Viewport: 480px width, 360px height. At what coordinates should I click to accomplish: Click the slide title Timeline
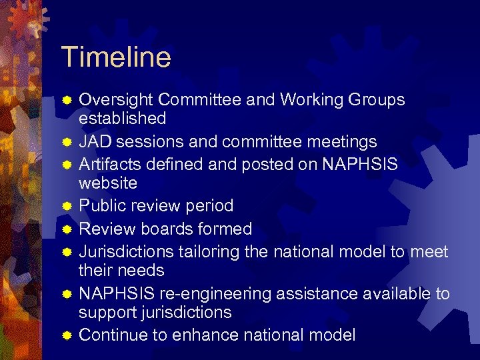coord(115,57)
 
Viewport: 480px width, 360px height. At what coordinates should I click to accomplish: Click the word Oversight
coord(117,100)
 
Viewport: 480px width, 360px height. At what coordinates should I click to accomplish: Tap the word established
coord(123,119)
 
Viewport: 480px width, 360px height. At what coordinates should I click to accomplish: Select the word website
coord(108,183)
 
